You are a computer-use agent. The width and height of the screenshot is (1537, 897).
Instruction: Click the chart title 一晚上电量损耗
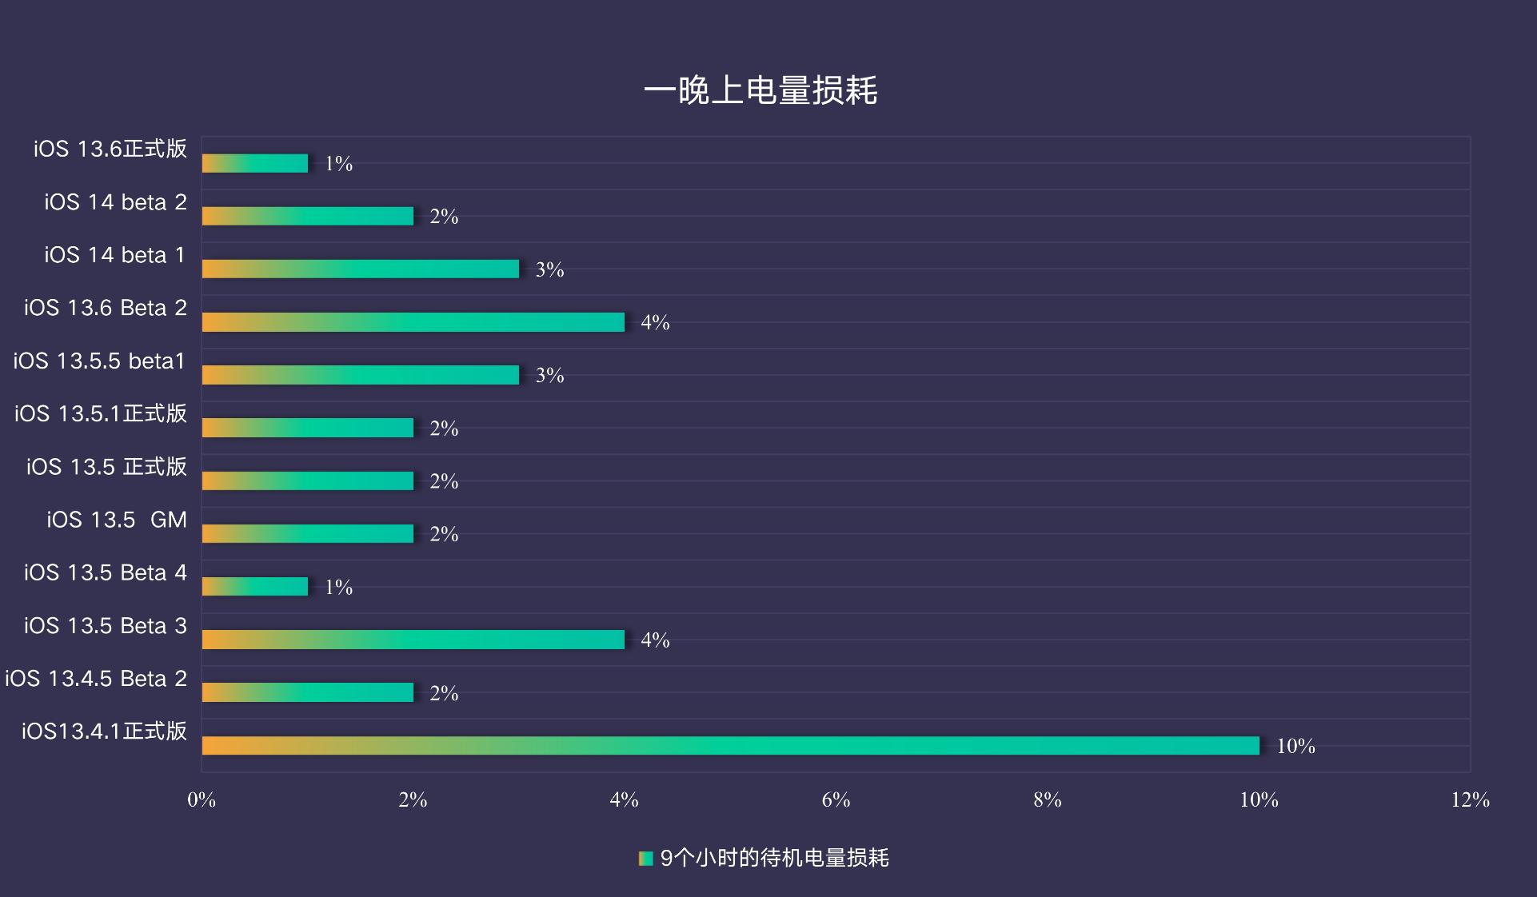click(x=761, y=90)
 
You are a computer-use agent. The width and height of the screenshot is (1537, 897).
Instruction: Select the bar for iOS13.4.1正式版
click(x=730, y=746)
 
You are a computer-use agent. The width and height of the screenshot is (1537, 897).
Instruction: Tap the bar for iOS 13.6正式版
click(x=255, y=163)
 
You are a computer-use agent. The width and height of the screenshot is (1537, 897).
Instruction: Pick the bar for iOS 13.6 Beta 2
click(x=413, y=322)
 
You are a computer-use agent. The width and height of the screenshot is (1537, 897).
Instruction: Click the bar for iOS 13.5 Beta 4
click(x=255, y=587)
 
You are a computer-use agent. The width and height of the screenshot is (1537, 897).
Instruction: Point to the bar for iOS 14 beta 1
click(x=361, y=269)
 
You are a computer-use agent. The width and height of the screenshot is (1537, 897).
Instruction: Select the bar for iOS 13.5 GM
click(x=308, y=534)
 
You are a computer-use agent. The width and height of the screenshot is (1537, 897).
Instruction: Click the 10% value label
click(x=1295, y=746)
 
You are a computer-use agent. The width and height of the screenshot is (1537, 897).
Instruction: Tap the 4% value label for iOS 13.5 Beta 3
click(x=655, y=640)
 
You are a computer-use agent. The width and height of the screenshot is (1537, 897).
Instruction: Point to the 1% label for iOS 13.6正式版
click(x=338, y=164)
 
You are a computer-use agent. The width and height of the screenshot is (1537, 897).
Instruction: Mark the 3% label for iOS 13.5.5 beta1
click(x=549, y=375)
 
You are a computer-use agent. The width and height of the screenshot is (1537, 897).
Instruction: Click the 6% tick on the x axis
click(x=836, y=799)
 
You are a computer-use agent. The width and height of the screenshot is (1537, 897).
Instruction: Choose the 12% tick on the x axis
click(x=1470, y=799)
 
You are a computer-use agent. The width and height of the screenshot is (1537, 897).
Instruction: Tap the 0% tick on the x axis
click(x=202, y=799)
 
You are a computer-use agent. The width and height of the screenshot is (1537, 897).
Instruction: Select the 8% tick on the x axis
click(x=1047, y=799)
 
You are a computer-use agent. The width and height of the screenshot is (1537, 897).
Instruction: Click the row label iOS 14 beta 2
click(x=115, y=202)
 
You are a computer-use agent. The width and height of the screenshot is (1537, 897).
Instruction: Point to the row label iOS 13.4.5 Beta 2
click(x=96, y=679)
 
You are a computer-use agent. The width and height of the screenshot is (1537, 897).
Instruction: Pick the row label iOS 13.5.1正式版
click(x=100, y=413)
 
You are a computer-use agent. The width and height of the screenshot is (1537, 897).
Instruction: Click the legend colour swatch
click(x=645, y=859)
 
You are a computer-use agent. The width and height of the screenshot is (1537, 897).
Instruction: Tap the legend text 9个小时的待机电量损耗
click(x=774, y=859)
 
